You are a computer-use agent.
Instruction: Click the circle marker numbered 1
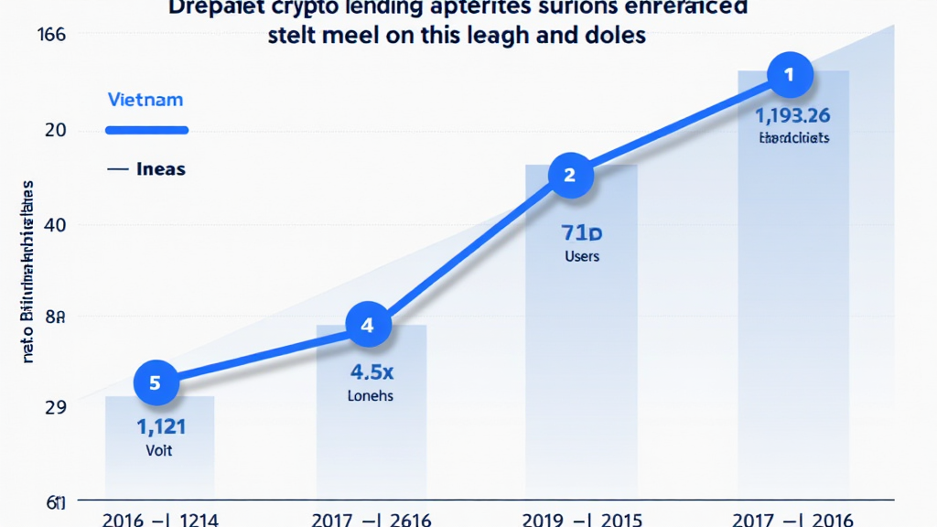click(789, 75)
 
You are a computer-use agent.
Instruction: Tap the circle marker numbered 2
click(570, 175)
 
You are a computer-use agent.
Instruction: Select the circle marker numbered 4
click(368, 326)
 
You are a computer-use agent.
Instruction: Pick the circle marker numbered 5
click(155, 382)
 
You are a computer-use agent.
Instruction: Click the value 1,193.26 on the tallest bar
click(792, 115)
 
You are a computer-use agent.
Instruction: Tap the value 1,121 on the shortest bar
click(161, 426)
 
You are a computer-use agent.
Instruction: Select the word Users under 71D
click(582, 256)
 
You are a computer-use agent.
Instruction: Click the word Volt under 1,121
click(159, 450)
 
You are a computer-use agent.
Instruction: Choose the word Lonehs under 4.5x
click(370, 396)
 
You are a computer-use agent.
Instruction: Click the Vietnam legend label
click(145, 98)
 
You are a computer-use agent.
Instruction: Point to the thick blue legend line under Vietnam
click(146, 130)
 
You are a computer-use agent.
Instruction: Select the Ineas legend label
click(160, 169)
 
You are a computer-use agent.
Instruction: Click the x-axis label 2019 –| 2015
click(582, 519)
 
